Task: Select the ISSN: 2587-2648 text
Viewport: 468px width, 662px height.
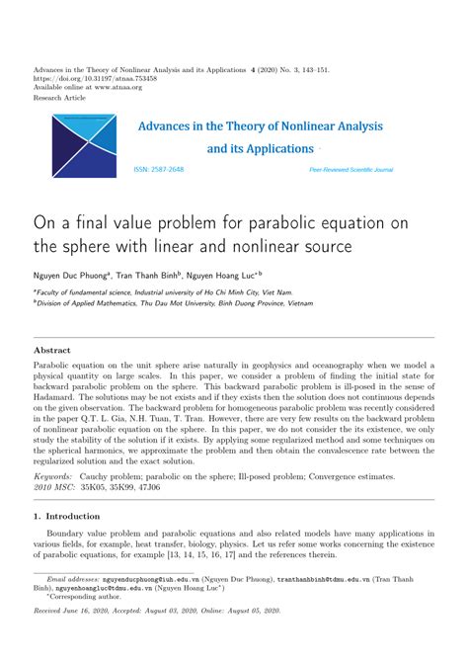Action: point(159,169)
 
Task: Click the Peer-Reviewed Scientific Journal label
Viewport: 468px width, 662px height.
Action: point(351,170)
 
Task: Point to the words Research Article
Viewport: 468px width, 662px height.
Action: point(61,99)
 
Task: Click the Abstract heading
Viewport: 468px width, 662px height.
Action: point(52,351)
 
